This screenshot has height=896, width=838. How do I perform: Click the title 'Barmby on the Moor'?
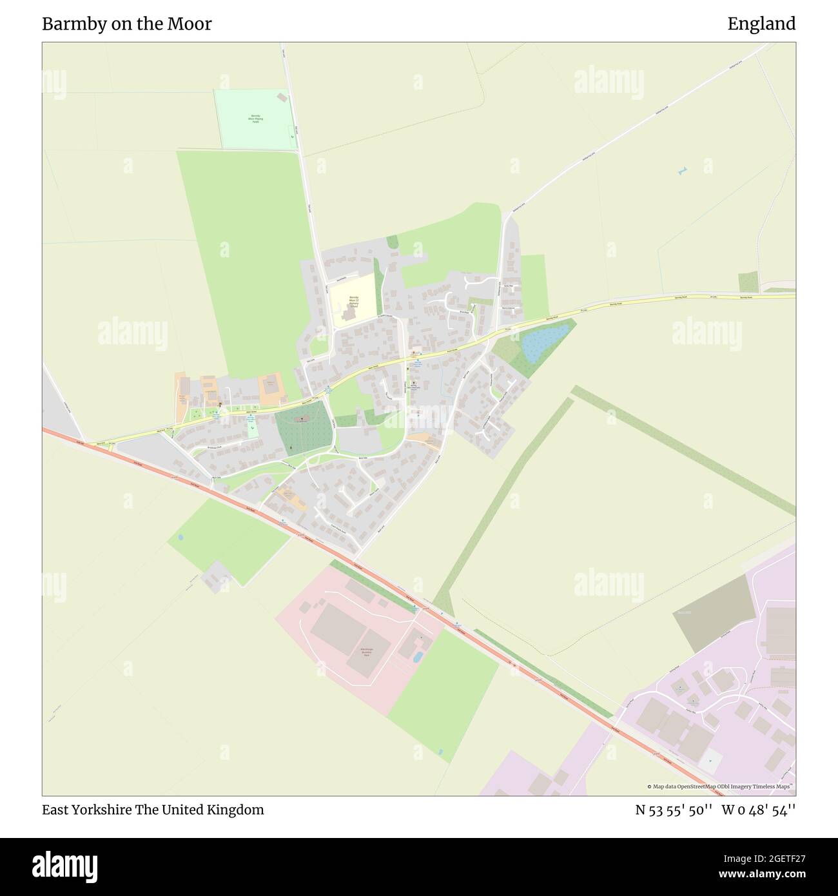point(127,24)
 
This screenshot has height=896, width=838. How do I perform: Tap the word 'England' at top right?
point(761,24)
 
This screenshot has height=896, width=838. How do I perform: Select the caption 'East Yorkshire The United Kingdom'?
point(153,810)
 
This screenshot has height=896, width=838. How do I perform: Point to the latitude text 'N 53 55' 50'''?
point(674,810)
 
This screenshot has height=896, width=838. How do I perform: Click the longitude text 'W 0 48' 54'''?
point(759,810)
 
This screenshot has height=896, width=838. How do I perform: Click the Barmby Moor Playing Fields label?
point(257,119)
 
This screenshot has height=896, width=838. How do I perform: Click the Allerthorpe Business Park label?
point(365,651)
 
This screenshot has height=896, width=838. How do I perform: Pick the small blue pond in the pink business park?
point(418,657)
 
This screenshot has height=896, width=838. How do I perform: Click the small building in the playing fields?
point(281,97)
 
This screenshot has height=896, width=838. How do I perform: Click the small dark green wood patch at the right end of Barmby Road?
point(748,282)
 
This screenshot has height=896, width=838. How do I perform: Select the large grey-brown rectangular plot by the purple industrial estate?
point(714,613)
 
